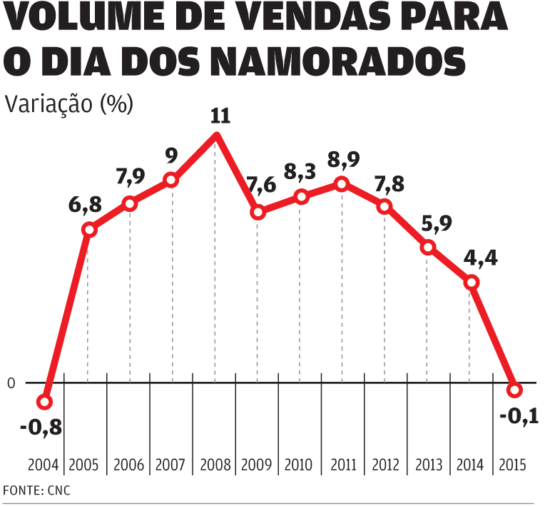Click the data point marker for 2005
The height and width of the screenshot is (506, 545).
[89, 230]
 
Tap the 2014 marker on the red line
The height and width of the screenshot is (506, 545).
[471, 282]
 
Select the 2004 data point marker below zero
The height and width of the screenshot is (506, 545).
[45, 402]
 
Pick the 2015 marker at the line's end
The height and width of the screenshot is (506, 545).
[515, 390]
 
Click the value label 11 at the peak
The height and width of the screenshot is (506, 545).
[220, 116]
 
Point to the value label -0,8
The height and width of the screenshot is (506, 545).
[41, 427]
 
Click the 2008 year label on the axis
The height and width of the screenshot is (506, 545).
[215, 465]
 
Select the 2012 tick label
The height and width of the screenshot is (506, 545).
[384, 465]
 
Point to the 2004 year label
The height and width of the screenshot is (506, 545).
[44, 465]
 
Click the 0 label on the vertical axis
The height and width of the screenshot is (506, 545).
[11, 384]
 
